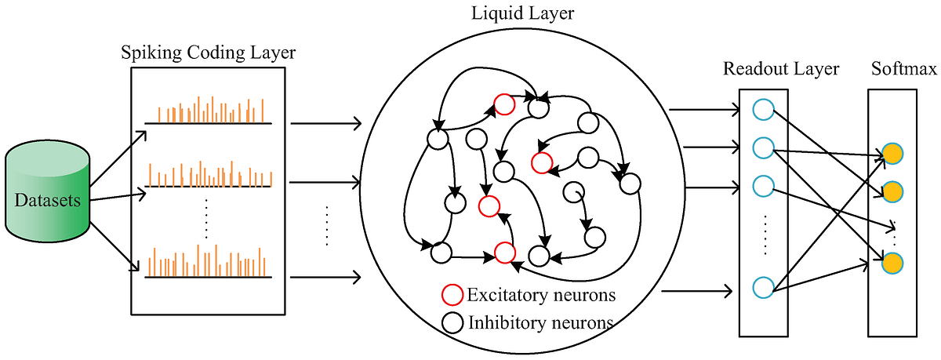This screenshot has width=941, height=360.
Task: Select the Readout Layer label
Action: pos(781,69)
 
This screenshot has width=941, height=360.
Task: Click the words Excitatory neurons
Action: pos(540,296)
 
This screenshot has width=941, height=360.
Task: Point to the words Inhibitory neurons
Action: pos(540,322)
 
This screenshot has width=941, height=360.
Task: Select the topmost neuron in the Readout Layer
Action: pos(762,110)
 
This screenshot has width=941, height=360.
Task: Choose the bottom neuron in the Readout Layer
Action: pos(762,287)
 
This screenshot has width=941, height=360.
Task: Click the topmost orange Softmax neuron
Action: pos(891,154)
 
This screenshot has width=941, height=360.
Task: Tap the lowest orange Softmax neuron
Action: pos(891,262)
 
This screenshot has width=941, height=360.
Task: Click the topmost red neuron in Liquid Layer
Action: pos(503,104)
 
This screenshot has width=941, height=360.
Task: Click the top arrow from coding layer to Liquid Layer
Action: pos(325,123)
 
